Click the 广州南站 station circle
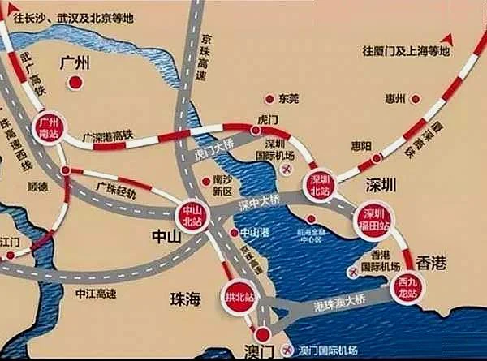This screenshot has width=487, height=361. [x=51, y=125]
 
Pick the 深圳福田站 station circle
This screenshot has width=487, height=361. [x=375, y=216]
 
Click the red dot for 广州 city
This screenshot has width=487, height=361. [x=75, y=82]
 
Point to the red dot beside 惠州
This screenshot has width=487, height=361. [x=416, y=99]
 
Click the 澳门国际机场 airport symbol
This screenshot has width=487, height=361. [x=285, y=350]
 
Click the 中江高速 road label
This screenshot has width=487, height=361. [x=92, y=288]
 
